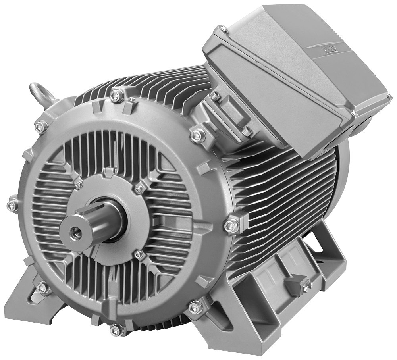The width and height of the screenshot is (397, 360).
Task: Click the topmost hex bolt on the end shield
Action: [x=117, y=95]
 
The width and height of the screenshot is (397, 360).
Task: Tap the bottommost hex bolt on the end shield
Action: [x=117, y=329]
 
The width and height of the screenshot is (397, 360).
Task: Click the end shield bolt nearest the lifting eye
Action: [x=41, y=127]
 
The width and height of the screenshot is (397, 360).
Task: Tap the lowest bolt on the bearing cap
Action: [x=139, y=254]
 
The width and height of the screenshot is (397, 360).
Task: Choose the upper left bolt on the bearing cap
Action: [x=78, y=184]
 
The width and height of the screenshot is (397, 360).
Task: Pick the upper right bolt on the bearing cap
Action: [x=139, y=189]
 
